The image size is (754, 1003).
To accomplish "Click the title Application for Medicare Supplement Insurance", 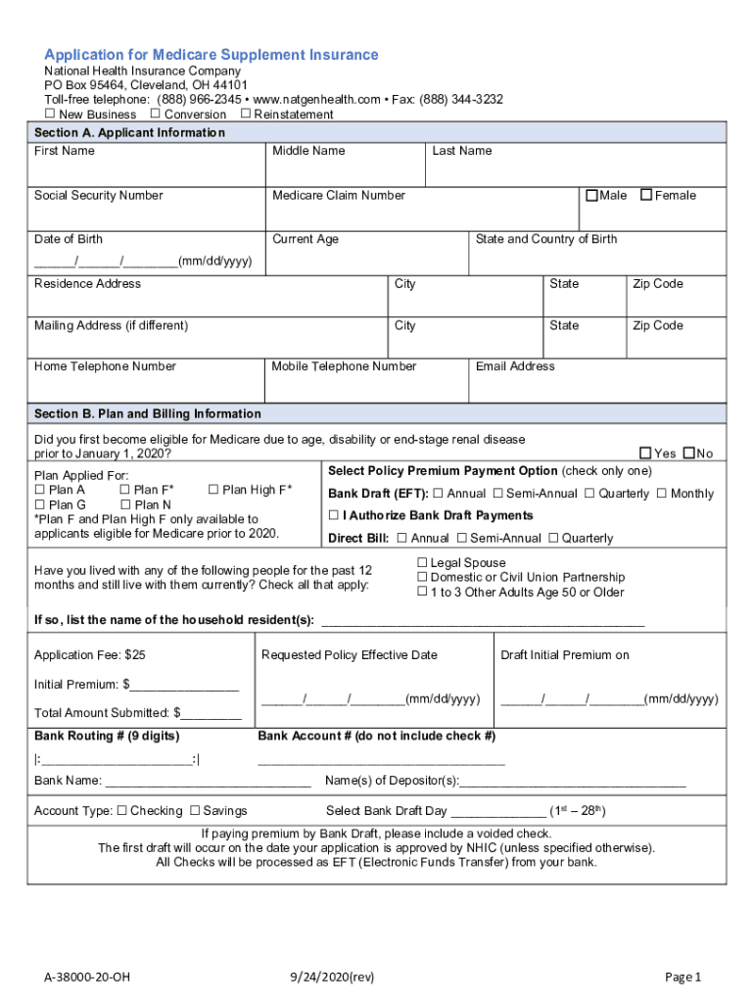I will tap(211, 55).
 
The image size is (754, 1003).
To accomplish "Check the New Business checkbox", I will tap(50, 115).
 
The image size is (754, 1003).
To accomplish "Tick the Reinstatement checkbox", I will tap(245, 115).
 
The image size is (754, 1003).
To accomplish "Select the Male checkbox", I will tap(591, 195).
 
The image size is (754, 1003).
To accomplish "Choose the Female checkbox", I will tap(646, 195).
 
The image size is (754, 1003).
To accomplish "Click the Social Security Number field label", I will tap(99, 196).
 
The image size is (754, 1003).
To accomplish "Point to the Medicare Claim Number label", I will tap(338, 196).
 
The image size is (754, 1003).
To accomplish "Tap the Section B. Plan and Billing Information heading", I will tap(148, 413).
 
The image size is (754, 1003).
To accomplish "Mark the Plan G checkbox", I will tap(39, 504).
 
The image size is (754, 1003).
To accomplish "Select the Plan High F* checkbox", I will tap(213, 490).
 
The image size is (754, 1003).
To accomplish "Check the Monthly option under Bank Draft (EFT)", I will tap(662, 494).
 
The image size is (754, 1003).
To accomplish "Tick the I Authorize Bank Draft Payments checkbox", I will tap(334, 515).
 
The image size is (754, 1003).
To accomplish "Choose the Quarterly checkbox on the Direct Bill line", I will tap(554, 538).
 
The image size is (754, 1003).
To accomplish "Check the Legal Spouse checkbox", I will tap(423, 563).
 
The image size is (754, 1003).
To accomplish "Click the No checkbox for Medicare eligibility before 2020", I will tap(688, 453).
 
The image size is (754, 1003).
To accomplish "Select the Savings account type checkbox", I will tap(194, 811).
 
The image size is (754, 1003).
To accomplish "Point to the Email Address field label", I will tap(515, 366).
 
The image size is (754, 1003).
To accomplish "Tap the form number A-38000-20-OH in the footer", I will tap(86, 977).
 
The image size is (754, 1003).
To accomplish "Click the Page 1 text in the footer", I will tap(683, 977).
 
